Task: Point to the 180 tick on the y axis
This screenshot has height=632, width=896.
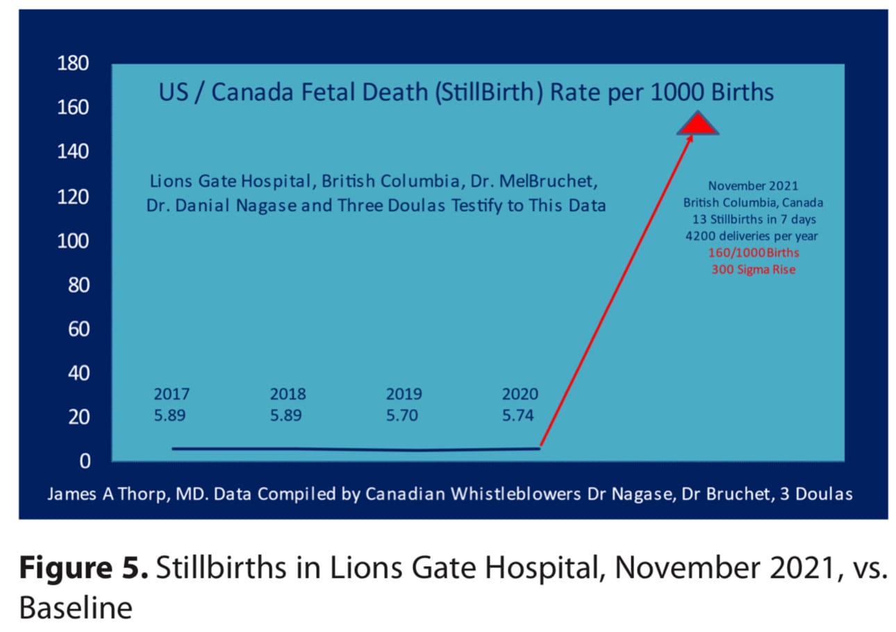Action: point(73,63)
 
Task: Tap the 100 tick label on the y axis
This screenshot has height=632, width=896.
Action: point(73,241)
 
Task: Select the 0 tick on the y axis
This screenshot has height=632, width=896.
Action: point(85,461)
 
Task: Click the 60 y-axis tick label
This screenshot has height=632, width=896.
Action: point(78,329)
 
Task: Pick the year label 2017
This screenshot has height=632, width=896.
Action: point(172,394)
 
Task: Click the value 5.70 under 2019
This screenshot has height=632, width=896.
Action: point(402,415)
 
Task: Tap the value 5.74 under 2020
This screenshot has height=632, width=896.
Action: point(518,415)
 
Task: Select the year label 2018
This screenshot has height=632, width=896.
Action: point(288,394)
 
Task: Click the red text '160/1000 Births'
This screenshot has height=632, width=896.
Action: point(754,253)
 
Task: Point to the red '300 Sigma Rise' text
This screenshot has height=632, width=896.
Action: point(754,269)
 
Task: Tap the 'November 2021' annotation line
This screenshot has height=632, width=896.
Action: point(753,186)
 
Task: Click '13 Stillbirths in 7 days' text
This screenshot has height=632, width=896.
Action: point(754,219)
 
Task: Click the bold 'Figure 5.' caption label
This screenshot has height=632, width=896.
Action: point(83,567)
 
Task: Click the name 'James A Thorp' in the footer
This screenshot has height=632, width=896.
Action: point(106,494)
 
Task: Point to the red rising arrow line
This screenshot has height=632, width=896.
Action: point(616,291)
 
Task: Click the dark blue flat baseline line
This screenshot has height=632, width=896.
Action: point(356,449)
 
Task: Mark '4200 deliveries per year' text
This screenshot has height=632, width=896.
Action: point(752,236)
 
